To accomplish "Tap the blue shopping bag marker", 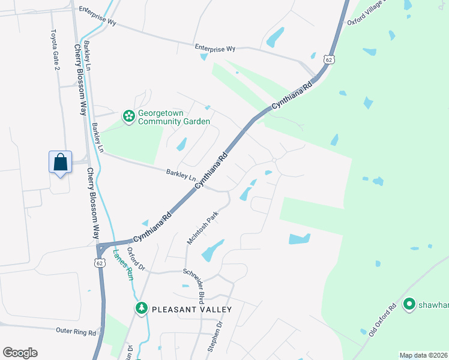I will [x=60, y=162].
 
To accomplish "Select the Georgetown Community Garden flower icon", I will [x=128, y=116].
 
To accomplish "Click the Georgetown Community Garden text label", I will [x=174, y=117].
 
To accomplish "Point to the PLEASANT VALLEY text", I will [x=191, y=309].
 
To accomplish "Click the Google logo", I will [x=20, y=353].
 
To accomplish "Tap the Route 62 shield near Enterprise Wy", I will [x=328, y=59].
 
